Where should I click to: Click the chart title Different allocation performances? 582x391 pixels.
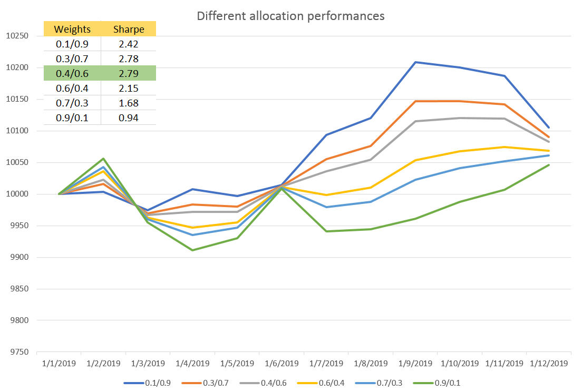pos(290,16)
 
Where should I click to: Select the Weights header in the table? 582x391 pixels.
pos(72,29)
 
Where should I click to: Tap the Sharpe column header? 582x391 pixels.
pos(129,29)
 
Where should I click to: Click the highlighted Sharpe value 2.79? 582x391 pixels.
pos(129,73)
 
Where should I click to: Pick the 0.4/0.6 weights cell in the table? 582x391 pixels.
pos(72,73)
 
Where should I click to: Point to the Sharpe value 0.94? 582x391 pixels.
pos(129,118)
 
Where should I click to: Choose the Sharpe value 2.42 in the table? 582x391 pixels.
pos(129,44)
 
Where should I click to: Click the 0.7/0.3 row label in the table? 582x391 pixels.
pos(72,103)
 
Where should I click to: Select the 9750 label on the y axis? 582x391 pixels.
pos(18,352)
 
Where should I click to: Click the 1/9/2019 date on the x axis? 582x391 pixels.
pos(415,364)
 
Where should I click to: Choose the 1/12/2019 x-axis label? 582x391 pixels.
pos(549,364)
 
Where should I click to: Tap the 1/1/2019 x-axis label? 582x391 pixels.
pos(59,364)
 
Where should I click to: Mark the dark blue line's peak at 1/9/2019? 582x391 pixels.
pos(415,62)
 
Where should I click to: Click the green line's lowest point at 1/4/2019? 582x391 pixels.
pos(192,250)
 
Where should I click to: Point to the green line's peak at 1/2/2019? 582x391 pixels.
pos(103,159)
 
